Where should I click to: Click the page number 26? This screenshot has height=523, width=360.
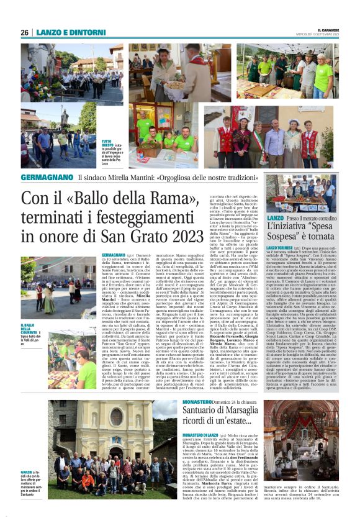[x=25, y=33]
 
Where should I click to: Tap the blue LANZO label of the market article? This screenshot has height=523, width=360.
[x=275, y=219]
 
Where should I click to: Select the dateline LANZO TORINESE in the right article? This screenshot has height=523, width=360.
[x=281, y=247]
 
